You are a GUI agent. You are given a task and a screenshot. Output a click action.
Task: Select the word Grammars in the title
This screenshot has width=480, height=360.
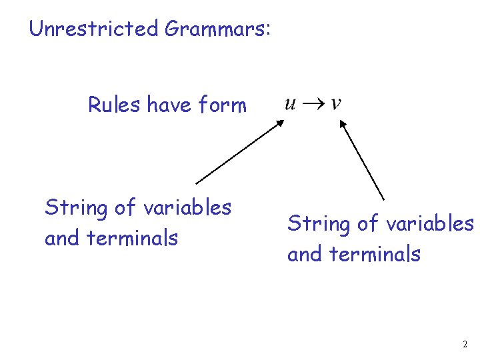click(x=213, y=29)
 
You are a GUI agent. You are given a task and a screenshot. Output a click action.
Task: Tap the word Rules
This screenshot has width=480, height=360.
click(x=114, y=105)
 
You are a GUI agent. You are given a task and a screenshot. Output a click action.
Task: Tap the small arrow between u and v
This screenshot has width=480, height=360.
click(x=313, y=103)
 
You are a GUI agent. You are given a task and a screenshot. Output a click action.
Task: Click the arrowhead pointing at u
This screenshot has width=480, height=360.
click(x=281, y=122)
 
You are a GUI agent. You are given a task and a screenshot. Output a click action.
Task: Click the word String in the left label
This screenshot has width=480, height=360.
click(x=74, y=209)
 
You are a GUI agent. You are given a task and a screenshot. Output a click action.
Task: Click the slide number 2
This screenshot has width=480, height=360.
click(x=465, y=345)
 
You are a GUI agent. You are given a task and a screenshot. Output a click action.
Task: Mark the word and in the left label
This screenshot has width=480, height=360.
click(x=60, y=238)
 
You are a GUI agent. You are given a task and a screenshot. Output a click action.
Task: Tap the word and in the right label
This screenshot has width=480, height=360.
click(x=303, y=254)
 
